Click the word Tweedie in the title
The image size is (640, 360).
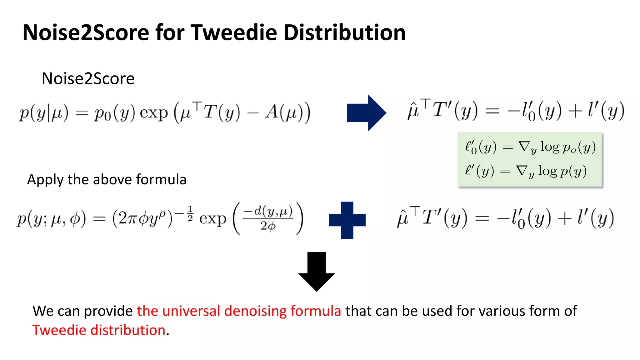point(234,32)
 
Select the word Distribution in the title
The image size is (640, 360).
point(344,32)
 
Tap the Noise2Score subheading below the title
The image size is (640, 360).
point(88,78)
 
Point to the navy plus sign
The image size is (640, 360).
point(347,220)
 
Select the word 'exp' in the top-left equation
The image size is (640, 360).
point(154,113)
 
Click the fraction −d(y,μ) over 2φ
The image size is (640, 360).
point(268,218)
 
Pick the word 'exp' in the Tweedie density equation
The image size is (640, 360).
point(212,219)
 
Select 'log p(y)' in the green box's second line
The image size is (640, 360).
point(562,171)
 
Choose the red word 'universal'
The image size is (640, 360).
point(191,311)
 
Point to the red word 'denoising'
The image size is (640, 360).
point(255,311)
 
